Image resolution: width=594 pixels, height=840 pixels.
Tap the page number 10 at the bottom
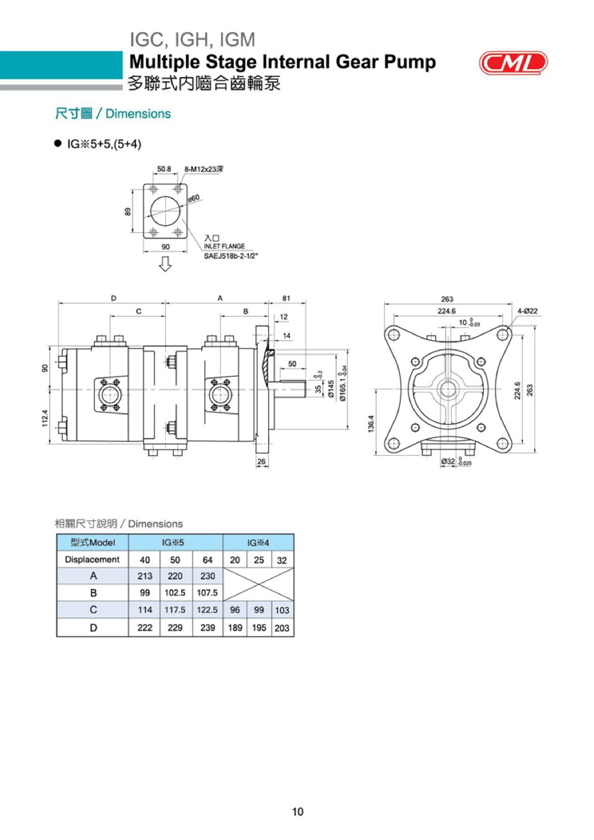coord(297,812)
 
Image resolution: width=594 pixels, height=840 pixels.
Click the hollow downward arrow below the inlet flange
coord(165,264)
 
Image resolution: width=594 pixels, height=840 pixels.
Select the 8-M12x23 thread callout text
coord(204,169)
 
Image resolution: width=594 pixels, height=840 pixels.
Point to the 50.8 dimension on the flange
coord(164,169)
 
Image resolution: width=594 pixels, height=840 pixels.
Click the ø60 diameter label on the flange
coord(194,199)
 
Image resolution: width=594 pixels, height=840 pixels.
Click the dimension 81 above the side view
coord(286,298)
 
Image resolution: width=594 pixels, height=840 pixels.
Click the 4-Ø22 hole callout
coord(527,311)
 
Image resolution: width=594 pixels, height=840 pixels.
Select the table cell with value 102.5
coord(175,593)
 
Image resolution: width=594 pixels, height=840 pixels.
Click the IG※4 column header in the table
coord(258,543)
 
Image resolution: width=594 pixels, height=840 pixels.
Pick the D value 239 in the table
coord(207,628)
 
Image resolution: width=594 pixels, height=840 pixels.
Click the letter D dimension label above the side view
coord(114,298)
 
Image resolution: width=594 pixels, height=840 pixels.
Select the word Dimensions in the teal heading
coord(138,114)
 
